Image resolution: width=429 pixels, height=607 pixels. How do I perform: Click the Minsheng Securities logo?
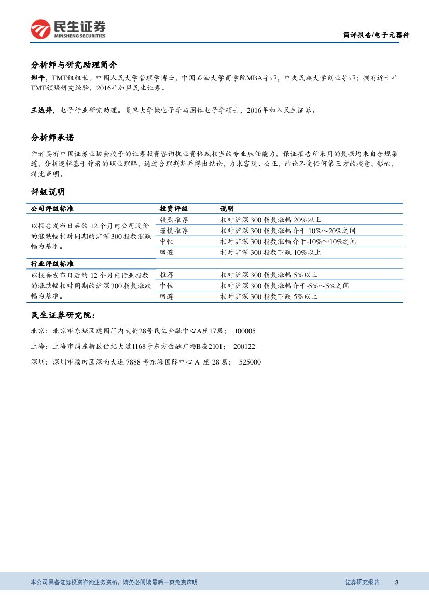tap(68, 30)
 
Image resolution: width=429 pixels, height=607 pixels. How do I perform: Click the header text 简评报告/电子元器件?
tap(376, 35)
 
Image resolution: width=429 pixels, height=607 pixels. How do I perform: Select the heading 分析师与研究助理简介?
tap(74, 65)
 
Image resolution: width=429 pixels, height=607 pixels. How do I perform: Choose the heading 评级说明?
tap(48, 192)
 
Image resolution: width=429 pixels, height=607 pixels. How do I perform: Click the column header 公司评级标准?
tap(52, 208)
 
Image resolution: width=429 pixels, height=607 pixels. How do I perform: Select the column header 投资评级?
tap(174, 208)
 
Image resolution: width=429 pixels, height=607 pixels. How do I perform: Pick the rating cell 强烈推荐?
tap(174, 220)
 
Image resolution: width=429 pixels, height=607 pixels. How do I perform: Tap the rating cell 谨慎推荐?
tap(174, 231)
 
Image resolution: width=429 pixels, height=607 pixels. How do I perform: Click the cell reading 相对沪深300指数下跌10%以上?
tap(270, 252)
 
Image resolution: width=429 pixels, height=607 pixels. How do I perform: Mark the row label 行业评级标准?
tap(52, 264)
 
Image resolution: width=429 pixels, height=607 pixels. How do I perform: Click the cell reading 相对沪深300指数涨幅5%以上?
tap(268, 275)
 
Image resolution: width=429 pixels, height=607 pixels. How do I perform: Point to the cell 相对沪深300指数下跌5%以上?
tap(268, 296)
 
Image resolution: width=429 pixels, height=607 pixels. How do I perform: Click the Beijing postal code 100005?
tap(245, 331)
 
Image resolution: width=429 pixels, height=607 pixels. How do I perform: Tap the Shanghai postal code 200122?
tap(244, 346)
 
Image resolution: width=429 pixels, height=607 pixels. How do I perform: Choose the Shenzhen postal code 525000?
tap(250, 362)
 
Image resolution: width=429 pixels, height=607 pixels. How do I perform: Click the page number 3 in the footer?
tap(396, 582)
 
